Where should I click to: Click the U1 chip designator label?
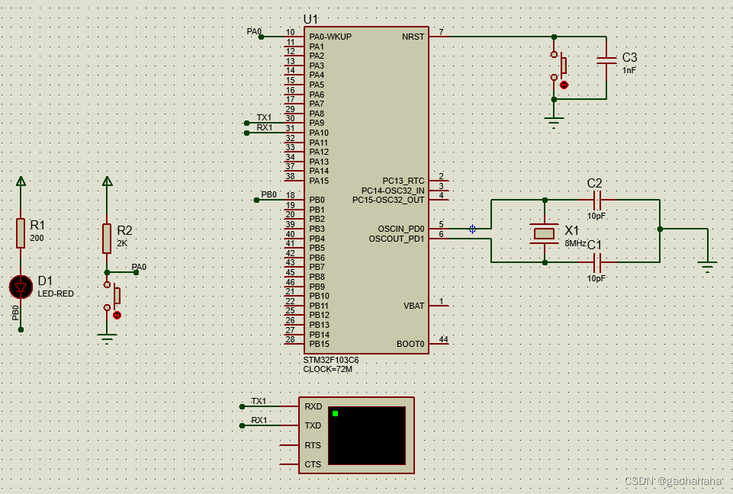click(x=311, y=19)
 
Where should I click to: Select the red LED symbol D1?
click(x=21, y=287)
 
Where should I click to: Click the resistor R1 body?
click(x=21, y=233)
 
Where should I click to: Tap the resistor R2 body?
click(x=107, y=239)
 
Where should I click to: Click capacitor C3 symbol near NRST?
click(x=606, y=60)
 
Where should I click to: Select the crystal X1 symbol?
click(x=545, y=233)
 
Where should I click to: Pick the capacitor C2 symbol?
click(x=597, y=200)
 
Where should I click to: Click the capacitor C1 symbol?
click(x=597, y=263)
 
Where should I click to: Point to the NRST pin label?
click(x=413, y=37)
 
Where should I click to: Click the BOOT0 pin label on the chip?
click(x=410, y=344)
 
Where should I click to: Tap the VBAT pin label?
click(x=413, y=306)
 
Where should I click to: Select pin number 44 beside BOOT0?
click(x=443, y=339)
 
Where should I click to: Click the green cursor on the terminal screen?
click(x=335, y=413)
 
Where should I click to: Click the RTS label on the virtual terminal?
click(x=313, y=445)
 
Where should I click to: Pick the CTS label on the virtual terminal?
click(x=313, y=464)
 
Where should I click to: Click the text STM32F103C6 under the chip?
click(x=332, y=360)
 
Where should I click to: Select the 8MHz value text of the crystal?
click(x=575, y=243)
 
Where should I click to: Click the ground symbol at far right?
click(x=708, y=266)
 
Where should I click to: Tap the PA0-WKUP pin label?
click(x=330, y=37)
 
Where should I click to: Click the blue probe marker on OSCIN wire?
click(x=472, y=229)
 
